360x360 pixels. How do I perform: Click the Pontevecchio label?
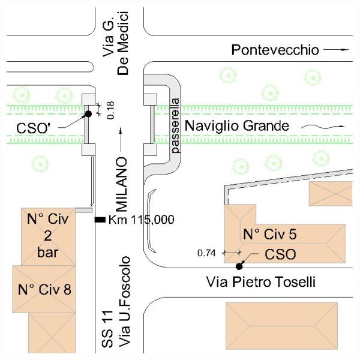(x=275, y=50)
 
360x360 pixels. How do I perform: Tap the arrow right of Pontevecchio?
(x=336, y=49)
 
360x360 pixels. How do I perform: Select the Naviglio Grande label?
(x=237, y=126)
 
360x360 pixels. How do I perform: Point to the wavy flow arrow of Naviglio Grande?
(x=323, y=126)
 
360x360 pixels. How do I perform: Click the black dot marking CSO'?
(x=88, y=113)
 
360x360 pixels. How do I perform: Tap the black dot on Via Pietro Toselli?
(x=239, y=266)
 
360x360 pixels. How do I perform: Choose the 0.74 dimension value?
(x=206, y=253)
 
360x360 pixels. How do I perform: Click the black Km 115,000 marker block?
(x=100, y=220)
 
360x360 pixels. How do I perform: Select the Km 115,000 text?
(x=141, y=220)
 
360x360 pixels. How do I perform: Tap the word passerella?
(x=176, y=126)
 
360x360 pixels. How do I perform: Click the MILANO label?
(x=121, y=185)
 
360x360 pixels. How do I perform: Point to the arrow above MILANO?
(x=121, y=140)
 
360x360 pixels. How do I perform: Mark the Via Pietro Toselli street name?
(x=261, y=282)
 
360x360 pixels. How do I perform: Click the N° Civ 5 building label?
(x=270, y=235)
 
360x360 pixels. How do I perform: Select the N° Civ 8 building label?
(x=44, y=290)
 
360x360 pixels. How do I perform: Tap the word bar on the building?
(x=48, y=253)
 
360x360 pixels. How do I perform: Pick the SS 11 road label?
(x=107, y=329)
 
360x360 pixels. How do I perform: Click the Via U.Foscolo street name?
(x=124, y=302)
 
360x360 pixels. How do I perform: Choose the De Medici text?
(x=123, y=43)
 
